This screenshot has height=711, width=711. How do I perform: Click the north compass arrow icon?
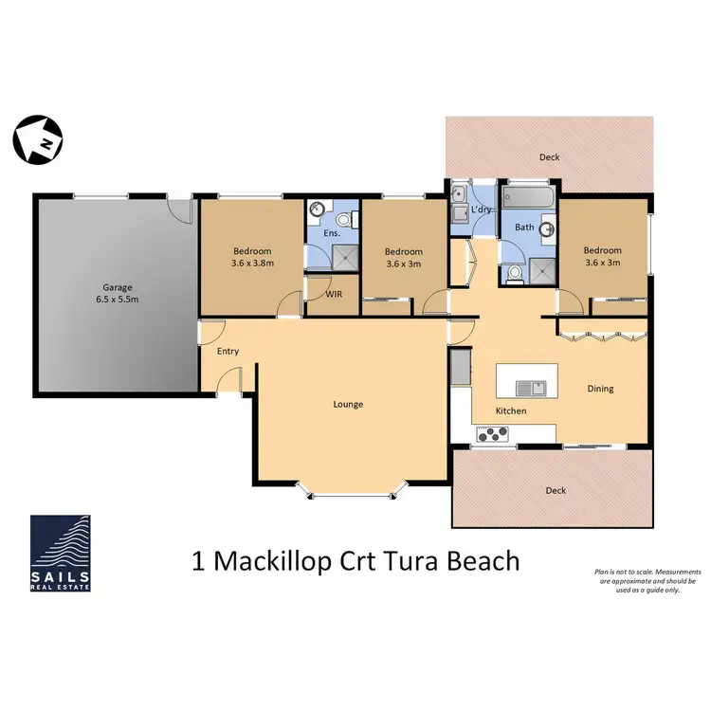pyautogui.click(x=38, y=139)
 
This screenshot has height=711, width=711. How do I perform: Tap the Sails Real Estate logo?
pyautogui.click(x=61, y=553)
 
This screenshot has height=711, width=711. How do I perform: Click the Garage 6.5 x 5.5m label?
pyautogui.click(x=118, y=293)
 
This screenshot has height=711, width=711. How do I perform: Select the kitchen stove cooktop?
pyautogui.click(x=492, y=434)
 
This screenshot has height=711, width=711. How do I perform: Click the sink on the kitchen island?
pyautogui.click(x=531, y=388)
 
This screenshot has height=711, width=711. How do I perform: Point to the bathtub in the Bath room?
pyautogui.click(x=529, y=197)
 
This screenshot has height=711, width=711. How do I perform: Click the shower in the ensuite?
pyautogui.click(x=345, y=258)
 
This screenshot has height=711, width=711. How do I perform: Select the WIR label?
pyautogui.click(x=334, y=294)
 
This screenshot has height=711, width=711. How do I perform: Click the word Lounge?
pyautogui.click(x=348, y=404)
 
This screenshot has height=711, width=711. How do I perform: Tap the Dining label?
pyautogui.click(x=600, y=389)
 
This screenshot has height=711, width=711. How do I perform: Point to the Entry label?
pyautogui.click(x=228, y=352)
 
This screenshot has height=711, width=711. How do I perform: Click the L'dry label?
pyautogui.click(x=481, y=210)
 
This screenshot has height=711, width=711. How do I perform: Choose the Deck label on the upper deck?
pyautogui.click(x=550, y=157)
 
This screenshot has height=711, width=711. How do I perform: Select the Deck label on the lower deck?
pyautogui.click(x=556, y=491)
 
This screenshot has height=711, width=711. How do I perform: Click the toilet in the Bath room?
pyautogui.click(x=514, y=274)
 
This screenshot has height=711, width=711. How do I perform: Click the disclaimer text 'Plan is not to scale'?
pyautogui.click(x=624, y=572)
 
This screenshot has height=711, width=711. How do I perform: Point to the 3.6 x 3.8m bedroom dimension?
pyautogui.click(x=252, y=263)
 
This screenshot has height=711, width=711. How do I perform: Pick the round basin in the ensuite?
pyautogui.click(x=317, y=210)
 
